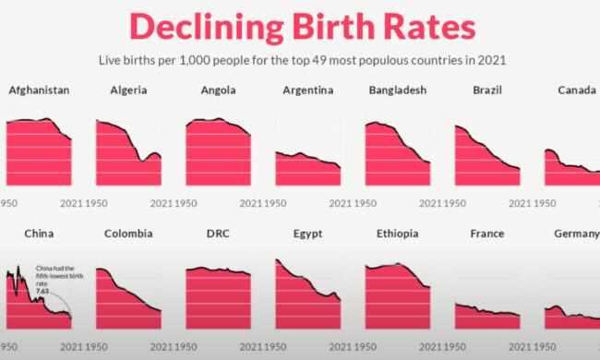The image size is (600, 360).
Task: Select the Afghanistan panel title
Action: (39, 90)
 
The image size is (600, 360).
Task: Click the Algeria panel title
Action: (128, 90)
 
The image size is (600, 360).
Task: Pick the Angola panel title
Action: (218, 90)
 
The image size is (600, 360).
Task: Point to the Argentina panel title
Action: (308, 90)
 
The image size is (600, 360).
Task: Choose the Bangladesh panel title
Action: (398, 90)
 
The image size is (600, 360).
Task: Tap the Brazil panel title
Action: (487, 90)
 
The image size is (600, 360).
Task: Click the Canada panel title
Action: (577, 90)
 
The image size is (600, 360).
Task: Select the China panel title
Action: (39, 234)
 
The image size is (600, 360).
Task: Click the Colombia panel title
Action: (128, 234)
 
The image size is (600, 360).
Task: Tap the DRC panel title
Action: (218, 234)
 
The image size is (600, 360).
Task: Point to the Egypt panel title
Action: (308, 234)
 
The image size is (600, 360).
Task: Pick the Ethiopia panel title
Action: (398, 234)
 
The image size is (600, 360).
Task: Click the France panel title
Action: (487, 234)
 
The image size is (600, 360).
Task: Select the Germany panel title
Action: (577, 234)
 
